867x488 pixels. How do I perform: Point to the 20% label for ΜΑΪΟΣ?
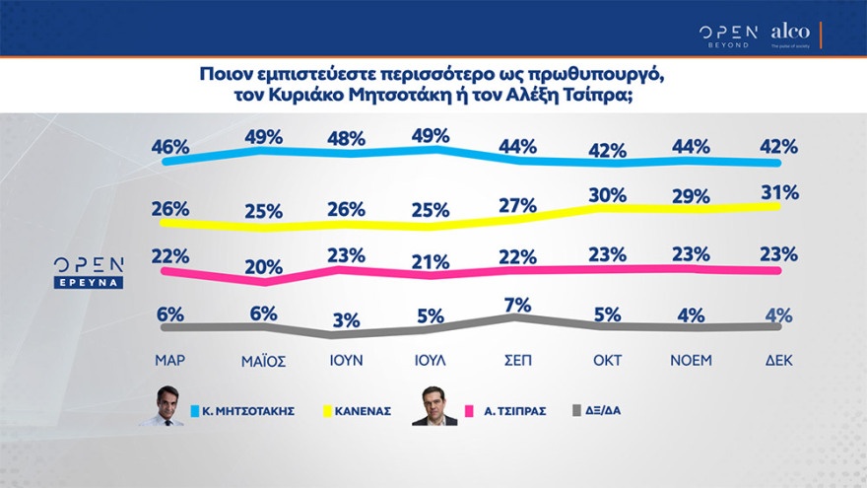click(264, 266)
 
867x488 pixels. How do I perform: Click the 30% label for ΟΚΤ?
click(607, 195)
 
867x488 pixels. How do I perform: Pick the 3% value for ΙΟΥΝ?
click(347, 320)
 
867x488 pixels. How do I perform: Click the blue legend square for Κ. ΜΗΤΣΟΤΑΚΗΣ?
click(196, 409)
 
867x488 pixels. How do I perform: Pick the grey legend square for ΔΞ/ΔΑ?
click(576, 409)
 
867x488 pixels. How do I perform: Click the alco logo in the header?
click(790, 34)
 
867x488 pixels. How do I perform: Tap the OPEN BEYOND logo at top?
click(728, 35)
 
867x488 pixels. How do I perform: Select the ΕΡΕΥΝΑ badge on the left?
click(89, 282)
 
